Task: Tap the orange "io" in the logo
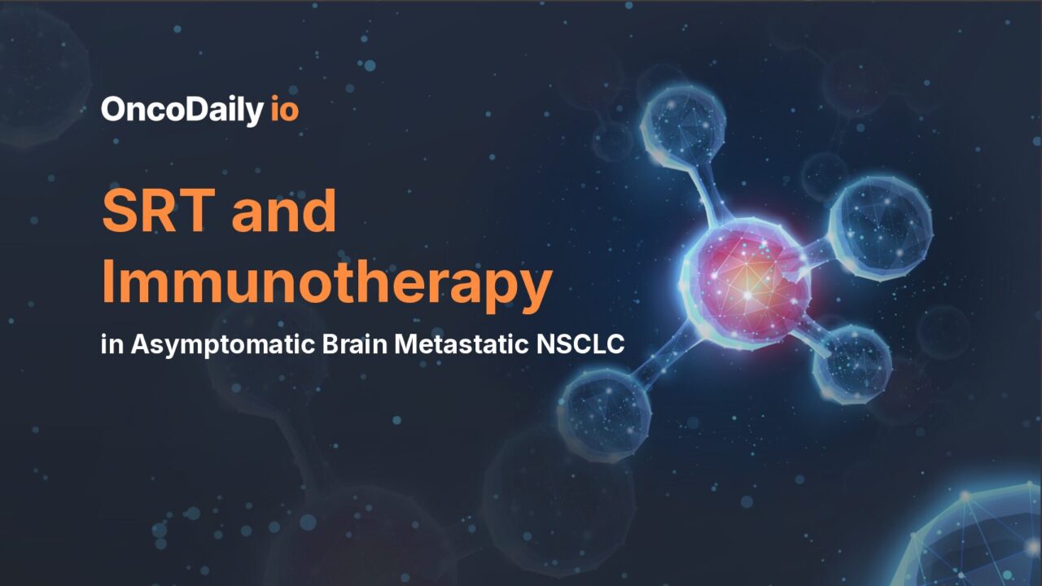284,109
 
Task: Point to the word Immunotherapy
326,284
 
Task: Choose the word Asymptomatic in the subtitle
217,345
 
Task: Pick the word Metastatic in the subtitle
461,344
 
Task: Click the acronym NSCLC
580,344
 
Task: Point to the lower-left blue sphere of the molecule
605,410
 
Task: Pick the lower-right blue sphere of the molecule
852,364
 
